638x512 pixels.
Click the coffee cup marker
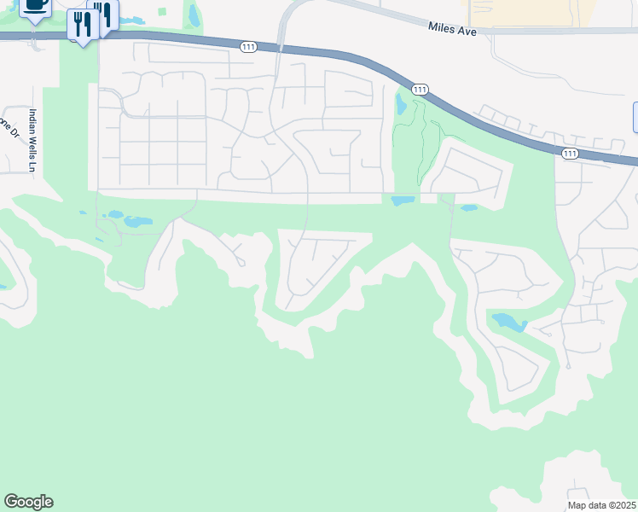coord(34,5)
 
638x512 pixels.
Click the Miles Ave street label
coord(450,29)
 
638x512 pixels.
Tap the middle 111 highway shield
coord(419,90)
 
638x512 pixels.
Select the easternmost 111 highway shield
coord(570,153)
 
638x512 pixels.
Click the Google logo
coord(28,502)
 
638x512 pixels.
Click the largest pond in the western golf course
coord(137,222)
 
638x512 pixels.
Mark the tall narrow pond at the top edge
coord(194,15)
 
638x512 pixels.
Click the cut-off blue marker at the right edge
coord(635,117)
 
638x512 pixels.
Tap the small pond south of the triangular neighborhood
coord(468,207)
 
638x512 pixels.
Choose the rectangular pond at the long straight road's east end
coord(403,201)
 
